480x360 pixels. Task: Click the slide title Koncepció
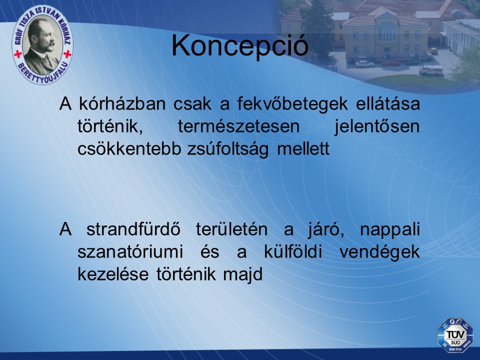point(239,46)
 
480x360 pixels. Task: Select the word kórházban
point(122,103)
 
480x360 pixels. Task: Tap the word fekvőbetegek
point(292,104)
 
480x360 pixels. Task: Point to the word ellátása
point(388,103)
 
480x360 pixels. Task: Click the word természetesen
point(239,126)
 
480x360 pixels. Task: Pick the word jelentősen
point(377,126)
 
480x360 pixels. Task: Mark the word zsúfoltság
point(228,149)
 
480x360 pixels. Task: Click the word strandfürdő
point(133,229)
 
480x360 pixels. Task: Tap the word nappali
point(389,229)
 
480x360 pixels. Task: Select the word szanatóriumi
point(130,252)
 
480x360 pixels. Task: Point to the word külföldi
point(292,252)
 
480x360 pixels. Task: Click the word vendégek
point(379,252)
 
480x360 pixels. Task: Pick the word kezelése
point(113,274)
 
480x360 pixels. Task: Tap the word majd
point(243,274)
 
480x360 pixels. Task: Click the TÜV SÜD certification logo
point(455,335)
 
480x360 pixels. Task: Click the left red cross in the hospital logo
point(18,54)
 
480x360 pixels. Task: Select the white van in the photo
point(431,70)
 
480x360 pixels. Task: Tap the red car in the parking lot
point(390,63)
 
